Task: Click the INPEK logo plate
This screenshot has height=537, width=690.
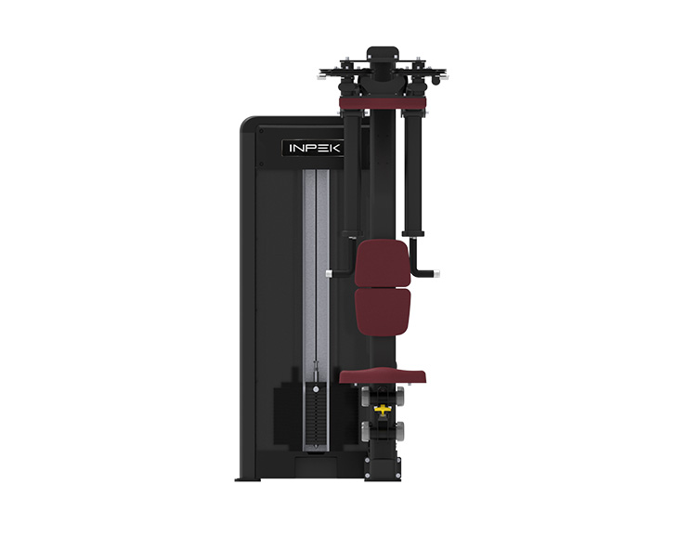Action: click(x=312, y=148)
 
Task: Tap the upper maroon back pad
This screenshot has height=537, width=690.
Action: click(x=382, y=262)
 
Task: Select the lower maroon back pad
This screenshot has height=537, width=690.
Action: click(x=382, y=311)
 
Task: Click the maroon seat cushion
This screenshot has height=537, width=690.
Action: click(x=383, y=376)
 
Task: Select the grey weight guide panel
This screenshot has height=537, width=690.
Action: click(x=316, y=269)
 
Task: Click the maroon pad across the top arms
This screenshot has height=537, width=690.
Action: click(x=383, y=101)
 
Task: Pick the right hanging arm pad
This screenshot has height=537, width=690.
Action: click(x=414, y=172)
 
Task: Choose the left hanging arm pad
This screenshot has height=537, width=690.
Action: click(x=352, y=172)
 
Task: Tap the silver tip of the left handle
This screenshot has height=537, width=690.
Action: click(x=330, y=272)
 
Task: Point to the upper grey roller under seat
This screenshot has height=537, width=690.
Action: click(x=398, y=396)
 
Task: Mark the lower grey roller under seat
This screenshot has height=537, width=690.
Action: click(x=398, y=431)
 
